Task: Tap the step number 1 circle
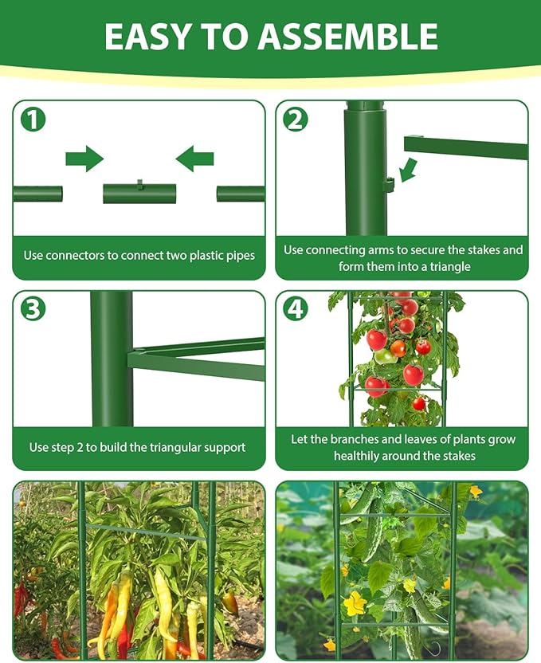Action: click(33, 120)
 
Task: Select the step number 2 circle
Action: click(296, 120)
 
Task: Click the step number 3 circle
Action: click(33, 309)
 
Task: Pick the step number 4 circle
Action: click(296, 309)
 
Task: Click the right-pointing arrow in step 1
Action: click(84, 159)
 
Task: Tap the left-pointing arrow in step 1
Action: click(194, 159)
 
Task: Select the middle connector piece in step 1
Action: click(139, 193)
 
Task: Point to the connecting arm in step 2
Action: click(465, 147)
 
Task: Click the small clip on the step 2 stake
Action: click(389, 185)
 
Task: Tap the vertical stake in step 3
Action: click(112, 359)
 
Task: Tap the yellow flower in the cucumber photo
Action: click(354, 603)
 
